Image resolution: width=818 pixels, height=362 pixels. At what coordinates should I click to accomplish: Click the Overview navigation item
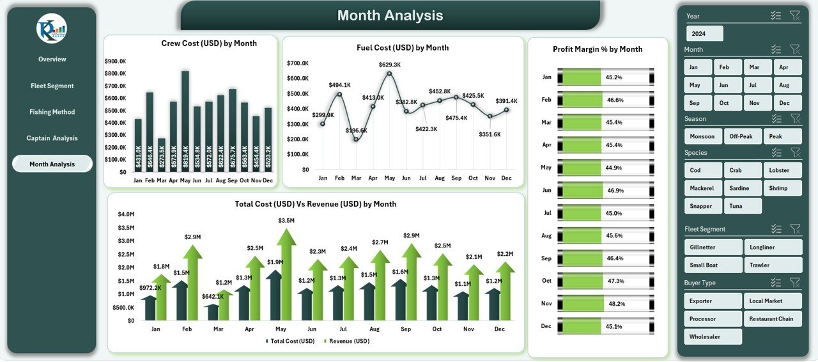52,59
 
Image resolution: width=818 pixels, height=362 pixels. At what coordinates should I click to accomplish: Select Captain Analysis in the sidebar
52,138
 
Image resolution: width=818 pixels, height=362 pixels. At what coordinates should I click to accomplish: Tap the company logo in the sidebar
52,29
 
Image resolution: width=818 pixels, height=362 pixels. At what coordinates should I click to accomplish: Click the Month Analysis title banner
390,15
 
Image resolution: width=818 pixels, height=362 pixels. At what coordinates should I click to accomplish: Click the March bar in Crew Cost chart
162,155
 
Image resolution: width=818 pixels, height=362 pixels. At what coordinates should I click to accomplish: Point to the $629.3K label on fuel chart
389,65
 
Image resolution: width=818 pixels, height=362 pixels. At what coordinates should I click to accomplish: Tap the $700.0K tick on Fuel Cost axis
298,63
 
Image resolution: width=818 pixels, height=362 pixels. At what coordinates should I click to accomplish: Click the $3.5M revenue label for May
286,221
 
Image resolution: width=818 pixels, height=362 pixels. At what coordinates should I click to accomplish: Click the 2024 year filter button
705,34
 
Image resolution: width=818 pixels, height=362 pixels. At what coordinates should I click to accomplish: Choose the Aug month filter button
787,85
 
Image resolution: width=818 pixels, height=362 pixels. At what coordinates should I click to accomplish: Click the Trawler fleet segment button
773,265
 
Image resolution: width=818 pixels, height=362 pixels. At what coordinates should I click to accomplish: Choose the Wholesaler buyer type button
713,336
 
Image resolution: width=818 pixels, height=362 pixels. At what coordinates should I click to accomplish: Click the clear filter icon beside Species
795,152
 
